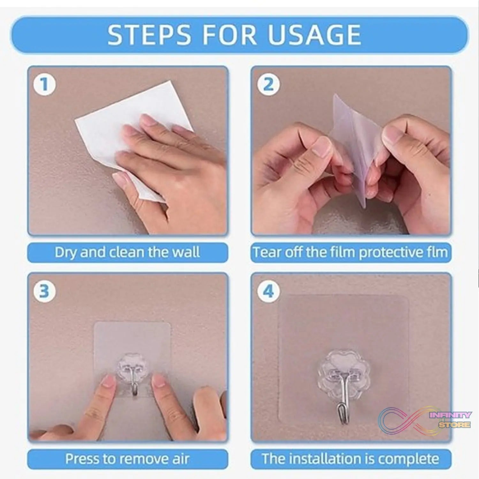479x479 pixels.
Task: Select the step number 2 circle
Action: pyautogui.click(x=268, y=85)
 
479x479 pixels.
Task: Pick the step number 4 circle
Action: pyautogui.click(x=268, y=291)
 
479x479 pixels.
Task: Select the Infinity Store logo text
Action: pyautogui.click(x=450, y=420)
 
